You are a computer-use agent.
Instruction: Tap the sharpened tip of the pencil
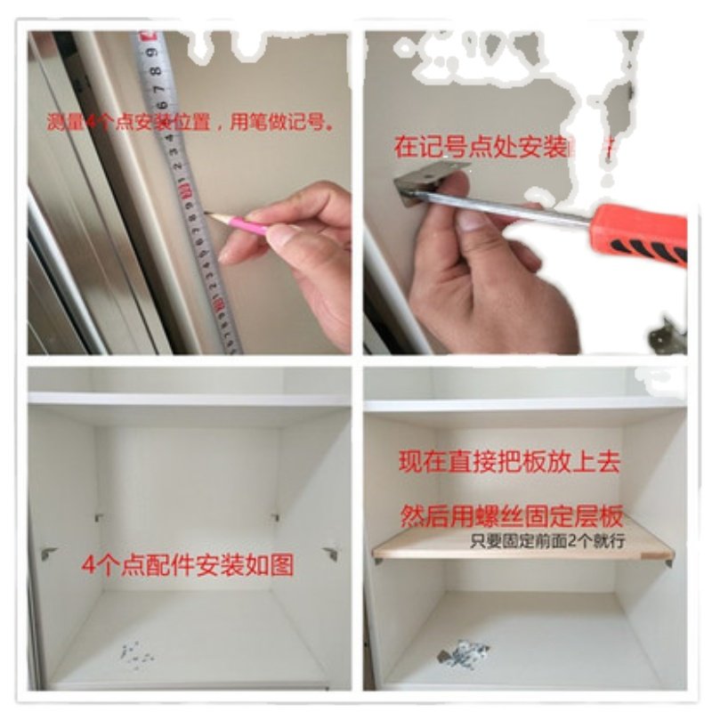tap(206, 214)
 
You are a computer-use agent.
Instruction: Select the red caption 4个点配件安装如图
tap(187, 565)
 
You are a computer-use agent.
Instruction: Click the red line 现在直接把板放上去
tap(508, 463)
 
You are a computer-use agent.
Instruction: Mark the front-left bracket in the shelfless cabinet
tap(49, 553)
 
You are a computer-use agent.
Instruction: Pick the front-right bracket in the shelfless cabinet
tap(331, 553)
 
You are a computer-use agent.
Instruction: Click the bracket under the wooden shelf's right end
tap(669, 562)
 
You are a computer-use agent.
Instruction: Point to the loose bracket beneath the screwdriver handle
tap(667, 335)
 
